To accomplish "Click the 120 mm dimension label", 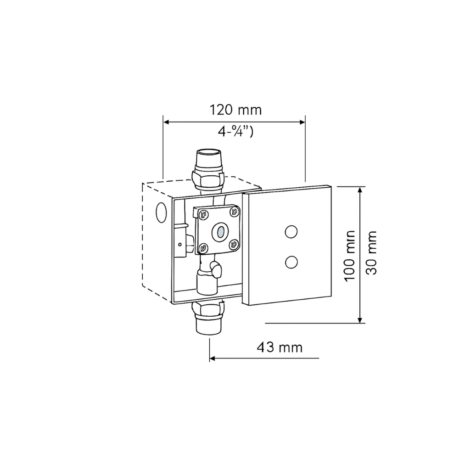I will click(x=235, y=110).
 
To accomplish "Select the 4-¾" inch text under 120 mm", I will click(x=235, y=133).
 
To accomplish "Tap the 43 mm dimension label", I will click(x=280, y=347).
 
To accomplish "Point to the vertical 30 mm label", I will click(x=371, y=252).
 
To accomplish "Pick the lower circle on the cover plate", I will click(x=290, y=262).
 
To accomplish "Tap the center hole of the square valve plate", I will click(x=218, y=231).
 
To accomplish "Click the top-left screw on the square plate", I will click(x=202, y=213).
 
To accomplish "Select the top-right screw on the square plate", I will click(x=235, y=212).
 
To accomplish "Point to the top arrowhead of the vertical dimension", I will click(x=361, y=190).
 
